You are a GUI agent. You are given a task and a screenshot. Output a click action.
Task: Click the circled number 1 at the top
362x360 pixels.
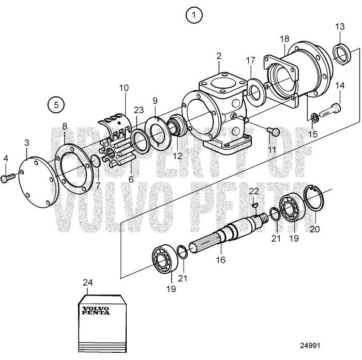pyautogui.click(x=194, y=15)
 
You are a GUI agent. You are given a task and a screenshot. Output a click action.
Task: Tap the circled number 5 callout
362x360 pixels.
pyautogui.click(x=57, y=104)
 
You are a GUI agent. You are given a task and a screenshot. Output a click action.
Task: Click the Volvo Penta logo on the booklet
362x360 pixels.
pyautogui.click(x=96, y=311)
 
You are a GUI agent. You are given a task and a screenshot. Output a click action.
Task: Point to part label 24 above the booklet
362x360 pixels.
pyautogui.click(x=88, y=283)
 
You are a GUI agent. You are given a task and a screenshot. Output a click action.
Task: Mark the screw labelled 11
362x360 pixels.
pyautogui.click(x=274, y=132)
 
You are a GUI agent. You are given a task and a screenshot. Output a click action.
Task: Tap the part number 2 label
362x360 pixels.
pyautogui.click(x=219, y=55)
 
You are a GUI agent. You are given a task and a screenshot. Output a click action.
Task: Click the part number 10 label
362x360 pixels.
pyautogui.click(x=124, y=88)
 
